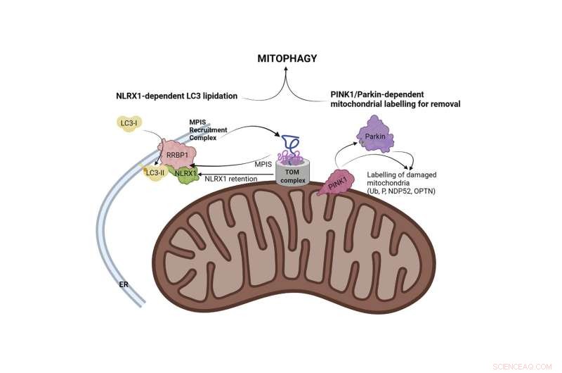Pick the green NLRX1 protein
tap(185, 173)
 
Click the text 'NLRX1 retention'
tap(233, 179)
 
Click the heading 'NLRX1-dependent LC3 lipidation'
tap(176, 96)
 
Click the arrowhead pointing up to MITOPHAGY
tap(285, 73)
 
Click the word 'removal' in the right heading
tap(443, 104)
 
